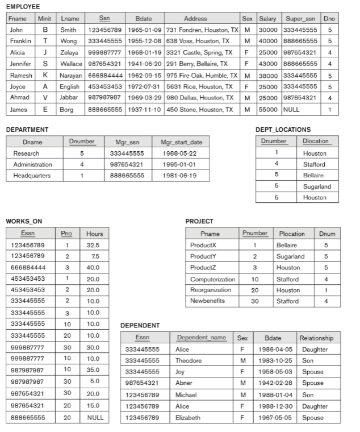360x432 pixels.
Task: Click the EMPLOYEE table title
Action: pos(23,6)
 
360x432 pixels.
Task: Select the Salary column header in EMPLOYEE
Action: pos(267,18)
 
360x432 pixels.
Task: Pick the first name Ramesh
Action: pos(20,76)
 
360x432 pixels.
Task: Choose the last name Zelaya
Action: pos(68,53)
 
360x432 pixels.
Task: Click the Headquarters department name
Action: pos(32,176)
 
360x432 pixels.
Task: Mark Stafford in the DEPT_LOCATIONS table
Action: pos(315,164)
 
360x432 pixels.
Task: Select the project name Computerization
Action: pos(212,279)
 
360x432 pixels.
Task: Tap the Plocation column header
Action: pos(292,234)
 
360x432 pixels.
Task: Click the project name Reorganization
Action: pos(211,290)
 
